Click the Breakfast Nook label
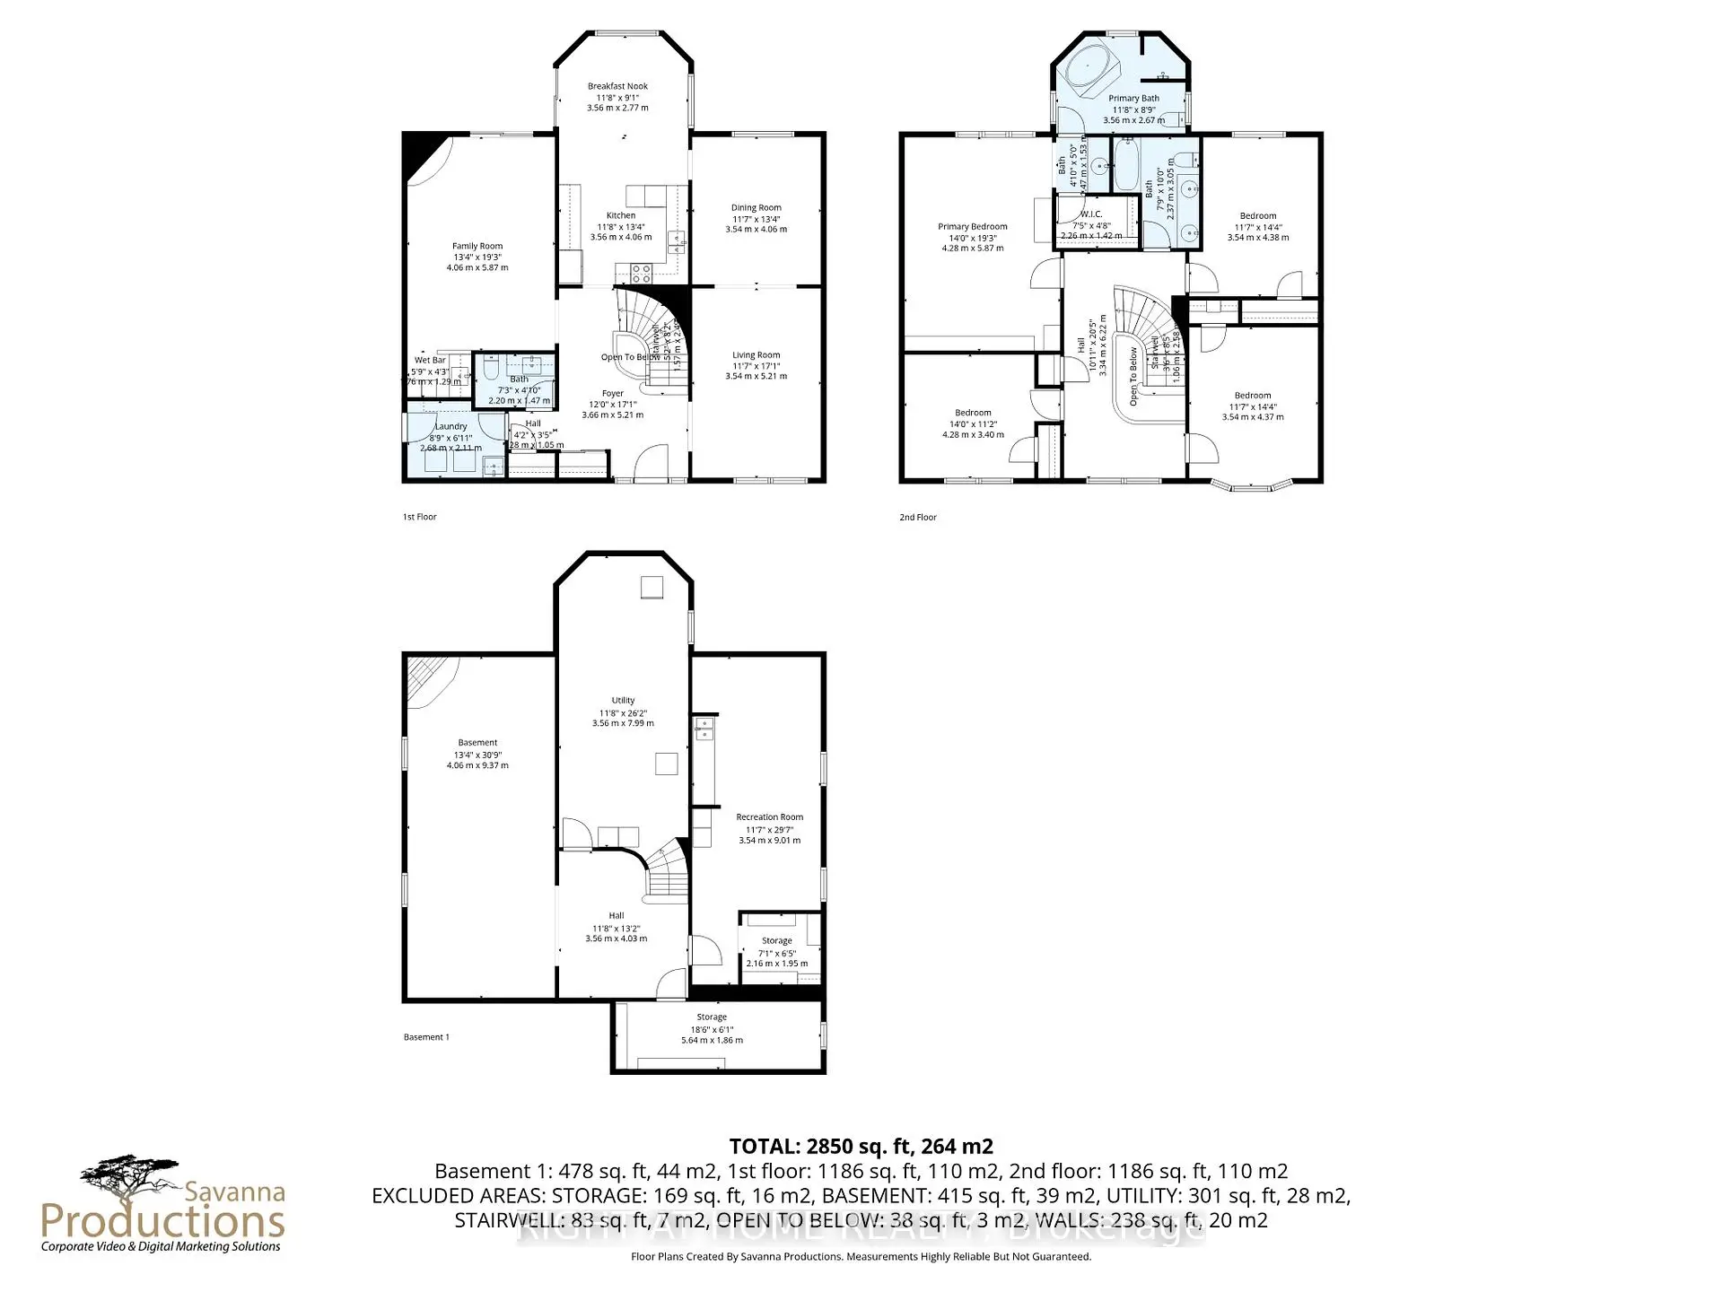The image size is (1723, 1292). tap(617, 87)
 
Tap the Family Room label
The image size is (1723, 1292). tap(477, 246)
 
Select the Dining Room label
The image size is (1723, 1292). tap(756, 208)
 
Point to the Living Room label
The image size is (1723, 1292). tap(756, 355)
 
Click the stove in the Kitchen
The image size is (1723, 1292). tap(641, 273)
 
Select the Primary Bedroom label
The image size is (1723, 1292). tap(973, 227)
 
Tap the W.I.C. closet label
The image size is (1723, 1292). tap(1090, 214)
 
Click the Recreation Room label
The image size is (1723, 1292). tap(769, 817)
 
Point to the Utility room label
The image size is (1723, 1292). tap(623, 701)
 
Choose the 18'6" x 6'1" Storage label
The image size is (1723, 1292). tap(712, 1017)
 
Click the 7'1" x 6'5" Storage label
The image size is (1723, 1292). tap(776, 941)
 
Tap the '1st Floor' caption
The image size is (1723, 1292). tap(419, 517)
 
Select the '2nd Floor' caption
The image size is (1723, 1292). tap(918, 517)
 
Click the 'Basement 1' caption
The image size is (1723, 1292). tap(426, 1037)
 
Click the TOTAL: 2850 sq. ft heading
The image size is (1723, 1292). tap(861, 1146)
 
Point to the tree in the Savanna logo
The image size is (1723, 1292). tap(130, 1175)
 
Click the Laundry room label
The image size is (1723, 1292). tap(450, 427)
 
